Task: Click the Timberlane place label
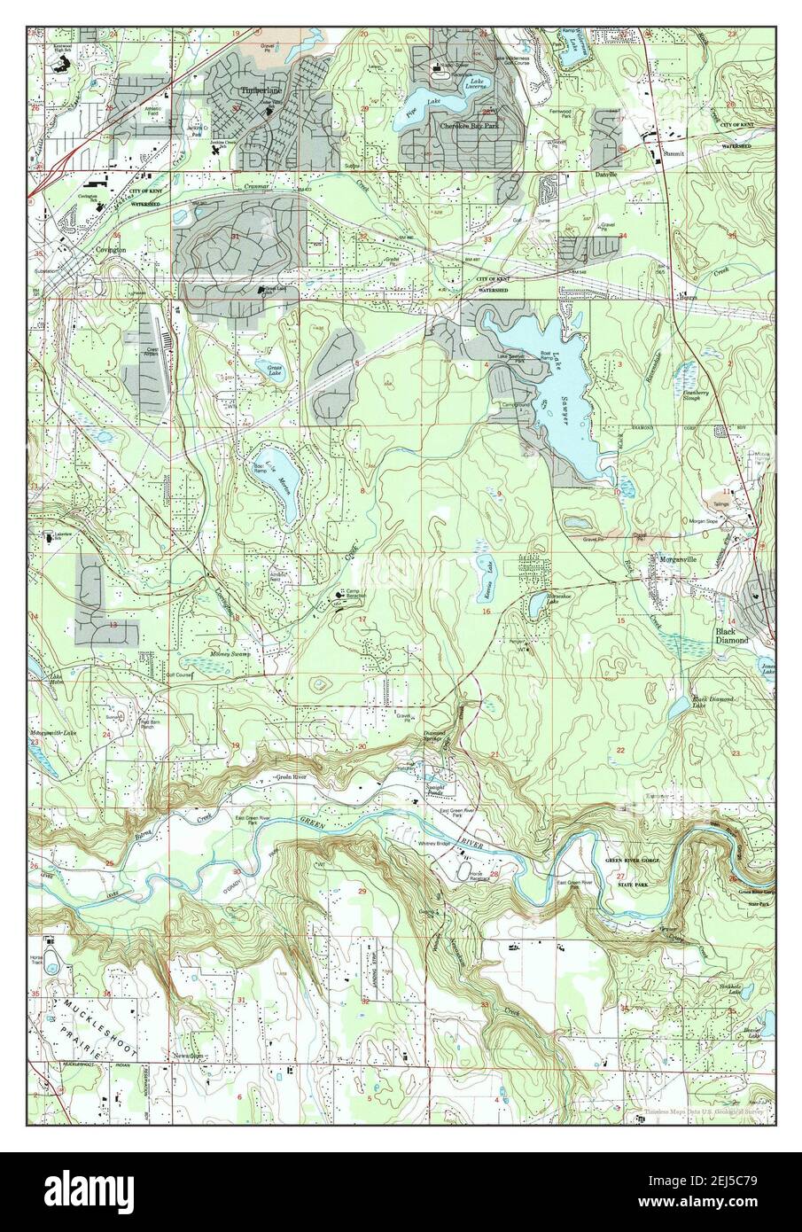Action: (x=255, y=91)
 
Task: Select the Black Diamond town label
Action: (x=731, y=635)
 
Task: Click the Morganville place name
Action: (x=677, y=559)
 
